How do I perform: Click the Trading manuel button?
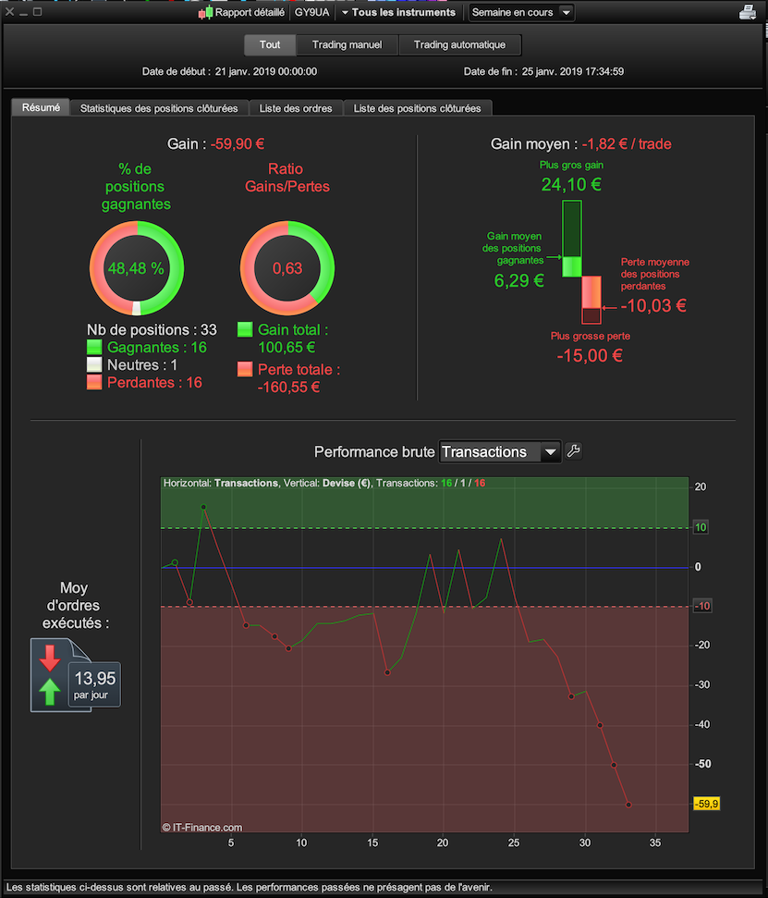347,44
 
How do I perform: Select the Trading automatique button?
459,44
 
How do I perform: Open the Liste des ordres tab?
296,108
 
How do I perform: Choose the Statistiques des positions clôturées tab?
159,108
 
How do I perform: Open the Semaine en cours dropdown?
521,12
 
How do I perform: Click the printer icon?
748,12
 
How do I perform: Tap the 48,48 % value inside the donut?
136,268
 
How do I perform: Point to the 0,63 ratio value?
287,268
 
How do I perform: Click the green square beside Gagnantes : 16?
94,347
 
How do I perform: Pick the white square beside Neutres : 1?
94,364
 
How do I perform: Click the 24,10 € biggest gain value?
571,184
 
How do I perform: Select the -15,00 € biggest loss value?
590,356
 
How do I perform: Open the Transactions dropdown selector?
500,452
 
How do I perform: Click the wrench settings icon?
573,451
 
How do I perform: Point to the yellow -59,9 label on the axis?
706,804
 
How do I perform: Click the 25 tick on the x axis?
514,843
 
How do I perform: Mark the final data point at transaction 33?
628,805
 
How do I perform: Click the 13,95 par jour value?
95,685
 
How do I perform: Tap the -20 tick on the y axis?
701,645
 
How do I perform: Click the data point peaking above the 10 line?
203,507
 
